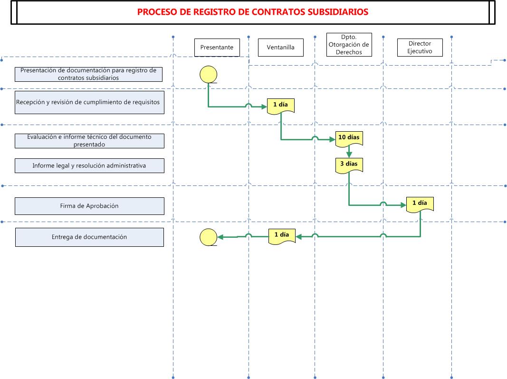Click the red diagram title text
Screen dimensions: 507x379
[x=252, y=12]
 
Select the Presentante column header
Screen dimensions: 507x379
[x=217, y=48]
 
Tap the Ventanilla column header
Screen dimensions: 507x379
[x=281, y=48]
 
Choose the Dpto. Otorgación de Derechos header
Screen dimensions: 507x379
[x=349, y=45]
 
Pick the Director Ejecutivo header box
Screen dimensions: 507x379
[x=420, y=48]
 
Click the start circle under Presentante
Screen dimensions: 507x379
[x=208, y=75]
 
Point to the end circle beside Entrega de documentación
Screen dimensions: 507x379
[x=208, y=237]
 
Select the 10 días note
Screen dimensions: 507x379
[x=349, y=139]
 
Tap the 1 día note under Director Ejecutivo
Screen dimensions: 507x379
[x=420, y=204]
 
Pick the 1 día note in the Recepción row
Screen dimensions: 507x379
[x=281, y=106]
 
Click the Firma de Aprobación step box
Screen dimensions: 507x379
[x=89, y=206]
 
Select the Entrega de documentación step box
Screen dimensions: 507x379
[x=89, y=237]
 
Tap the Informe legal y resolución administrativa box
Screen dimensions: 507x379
[x=89, y=165]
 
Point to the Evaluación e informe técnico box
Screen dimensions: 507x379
[x=89, y=141]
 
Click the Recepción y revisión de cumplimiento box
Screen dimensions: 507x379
[x=89, y=102]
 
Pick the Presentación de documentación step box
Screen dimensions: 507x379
[x=88, y=74]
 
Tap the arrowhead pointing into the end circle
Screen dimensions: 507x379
[x=220, y=237]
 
